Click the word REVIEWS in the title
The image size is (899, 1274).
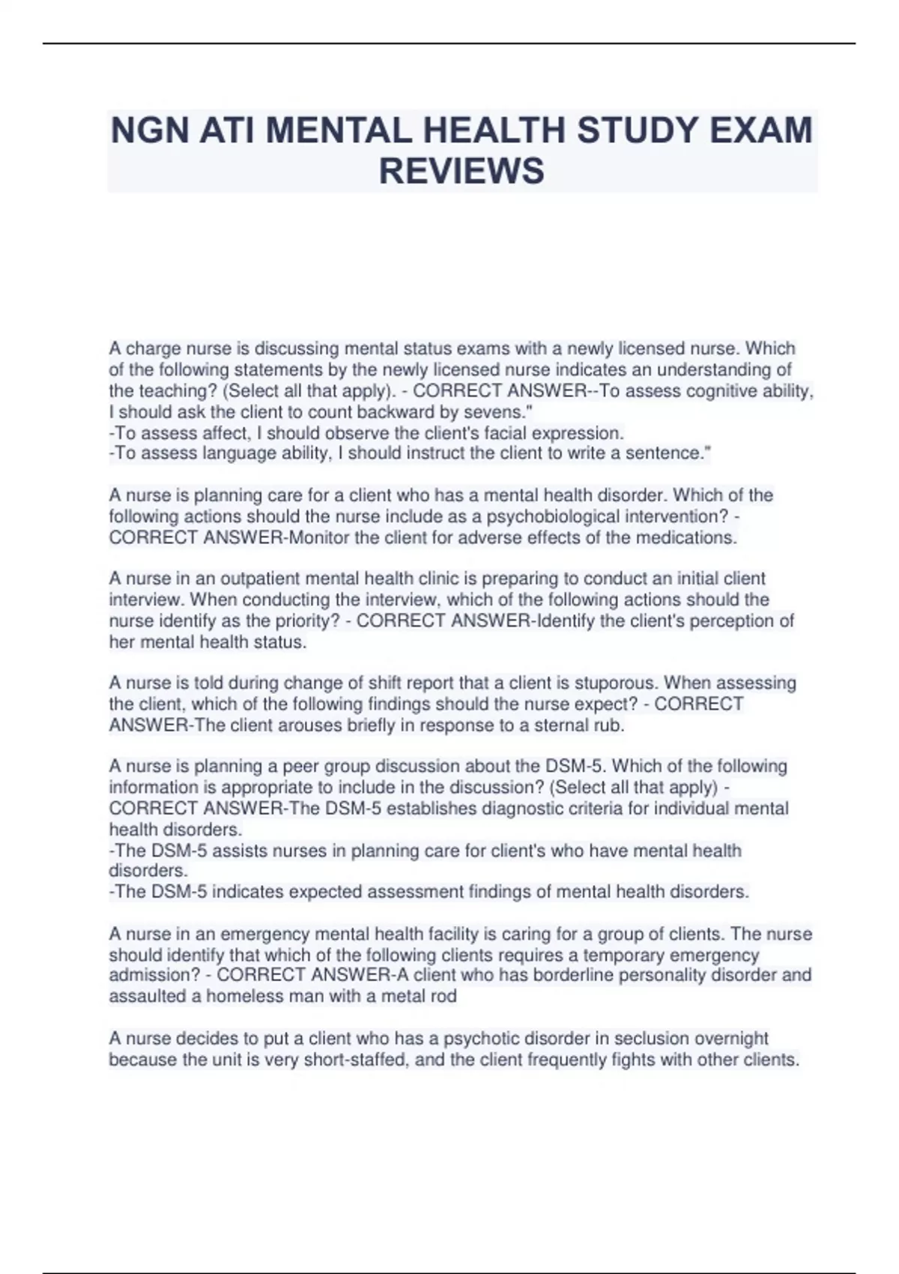(x=461, y=171)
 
